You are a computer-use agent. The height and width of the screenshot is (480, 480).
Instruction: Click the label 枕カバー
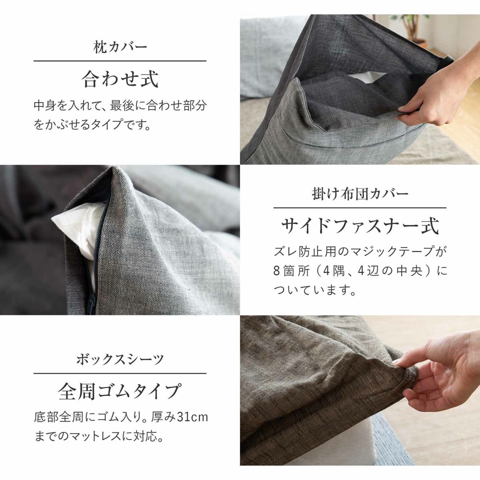click(x=120, y=47)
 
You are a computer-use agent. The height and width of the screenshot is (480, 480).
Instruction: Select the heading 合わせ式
click(x=120, y=79)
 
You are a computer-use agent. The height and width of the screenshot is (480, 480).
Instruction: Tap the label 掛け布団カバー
click(x=360, y=194)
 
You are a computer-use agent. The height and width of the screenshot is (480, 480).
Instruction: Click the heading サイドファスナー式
click(x=360, y=226)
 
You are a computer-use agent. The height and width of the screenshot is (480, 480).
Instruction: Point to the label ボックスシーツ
click(x=120, y=360)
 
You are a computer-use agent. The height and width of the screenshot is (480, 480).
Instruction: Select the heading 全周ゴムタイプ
click(x=120, y=391)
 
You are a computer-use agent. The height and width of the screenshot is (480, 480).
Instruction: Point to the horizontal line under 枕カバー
click(x=120, y=61)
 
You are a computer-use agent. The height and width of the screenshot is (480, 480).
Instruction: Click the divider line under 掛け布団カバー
click(x=360, y=208)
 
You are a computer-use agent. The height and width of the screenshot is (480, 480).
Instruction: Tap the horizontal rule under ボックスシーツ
click(x=120, y=373)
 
